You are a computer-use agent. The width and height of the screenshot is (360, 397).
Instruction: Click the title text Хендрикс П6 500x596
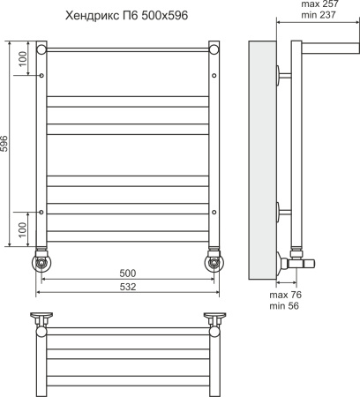[x=126, y=15]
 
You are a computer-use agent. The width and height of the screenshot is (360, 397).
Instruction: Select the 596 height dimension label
[x=4, y=144]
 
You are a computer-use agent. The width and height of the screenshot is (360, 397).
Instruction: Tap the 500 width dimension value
[x=128, y=273]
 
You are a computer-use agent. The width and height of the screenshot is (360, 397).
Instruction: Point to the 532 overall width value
[x=128, y=287]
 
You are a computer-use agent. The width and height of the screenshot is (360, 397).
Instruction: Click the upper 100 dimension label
[x=23, y=59]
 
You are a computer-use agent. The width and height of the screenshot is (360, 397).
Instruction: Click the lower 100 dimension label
[x=23, y=230]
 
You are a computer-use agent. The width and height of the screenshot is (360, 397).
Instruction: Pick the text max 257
[x=320, y=4]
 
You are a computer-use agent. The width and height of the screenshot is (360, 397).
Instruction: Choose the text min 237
[x=319, y=15]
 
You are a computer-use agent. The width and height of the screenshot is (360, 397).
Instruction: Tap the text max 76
[x=285, y=295]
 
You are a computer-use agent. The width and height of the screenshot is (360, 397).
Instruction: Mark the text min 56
[x=284, y=306]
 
